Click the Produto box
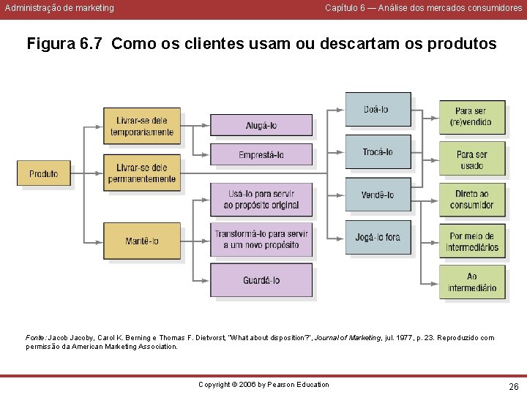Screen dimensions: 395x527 43,173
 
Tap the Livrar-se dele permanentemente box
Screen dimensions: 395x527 142,173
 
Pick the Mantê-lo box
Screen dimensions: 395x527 142,241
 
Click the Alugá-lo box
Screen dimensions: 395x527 261,125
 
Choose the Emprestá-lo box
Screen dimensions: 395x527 261,154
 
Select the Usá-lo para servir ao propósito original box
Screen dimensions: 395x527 261,200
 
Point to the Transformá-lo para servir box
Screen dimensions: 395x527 261,239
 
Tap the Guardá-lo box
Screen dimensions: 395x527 261,280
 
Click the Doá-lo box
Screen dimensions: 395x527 378,110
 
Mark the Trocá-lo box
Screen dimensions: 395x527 378,152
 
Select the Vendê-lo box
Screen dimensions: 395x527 378,195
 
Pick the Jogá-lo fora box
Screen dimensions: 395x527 378,237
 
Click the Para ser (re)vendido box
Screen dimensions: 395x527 471,117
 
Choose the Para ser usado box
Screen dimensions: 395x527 471,159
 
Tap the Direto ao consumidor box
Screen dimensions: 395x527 471,200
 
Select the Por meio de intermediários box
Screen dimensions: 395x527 471,241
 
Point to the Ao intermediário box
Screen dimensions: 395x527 471,282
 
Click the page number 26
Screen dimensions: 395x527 513,385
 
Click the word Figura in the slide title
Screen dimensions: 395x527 51,44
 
